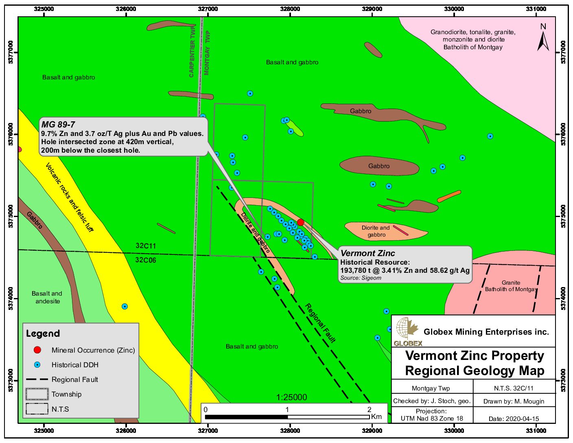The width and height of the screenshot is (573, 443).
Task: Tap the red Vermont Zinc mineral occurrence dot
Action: click(x=300, y=222)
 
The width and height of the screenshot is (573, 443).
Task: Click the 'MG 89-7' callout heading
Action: click(x=58, y=125)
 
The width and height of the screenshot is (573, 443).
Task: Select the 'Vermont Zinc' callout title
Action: click(x=367, y=253)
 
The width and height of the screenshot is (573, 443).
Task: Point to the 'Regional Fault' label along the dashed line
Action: click(x=320, y=323)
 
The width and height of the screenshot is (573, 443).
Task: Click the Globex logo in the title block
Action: click(x=407, y=331)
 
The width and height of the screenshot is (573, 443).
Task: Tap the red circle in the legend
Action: click(x=37, y=350)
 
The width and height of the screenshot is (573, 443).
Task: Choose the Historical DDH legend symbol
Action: click(x=37, y=365)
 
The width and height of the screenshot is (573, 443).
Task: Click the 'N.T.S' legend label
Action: click(x=60, y=409)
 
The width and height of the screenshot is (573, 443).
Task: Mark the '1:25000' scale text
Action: click(x=292, y=397)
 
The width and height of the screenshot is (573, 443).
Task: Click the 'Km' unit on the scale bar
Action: click(x=376, y=417)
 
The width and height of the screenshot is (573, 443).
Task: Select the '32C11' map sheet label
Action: click(x=146, y=246)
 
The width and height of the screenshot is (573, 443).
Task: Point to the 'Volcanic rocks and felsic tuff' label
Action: click(x=69, y=197)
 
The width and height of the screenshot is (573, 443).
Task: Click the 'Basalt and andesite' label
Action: click(x=47, y=297)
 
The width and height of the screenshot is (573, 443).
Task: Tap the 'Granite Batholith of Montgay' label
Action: click(x=511, y=286)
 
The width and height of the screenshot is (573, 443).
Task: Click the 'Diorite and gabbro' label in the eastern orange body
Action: click(x=376, y=231)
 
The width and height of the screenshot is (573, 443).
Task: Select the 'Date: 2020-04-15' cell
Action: click(x=514, y=419)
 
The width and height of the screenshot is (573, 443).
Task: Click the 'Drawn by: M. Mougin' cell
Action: click(x=514, y=401)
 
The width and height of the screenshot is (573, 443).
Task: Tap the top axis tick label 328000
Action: click(x=290, y=9)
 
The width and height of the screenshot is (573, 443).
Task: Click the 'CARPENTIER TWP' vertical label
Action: click(x=192, y=51)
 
